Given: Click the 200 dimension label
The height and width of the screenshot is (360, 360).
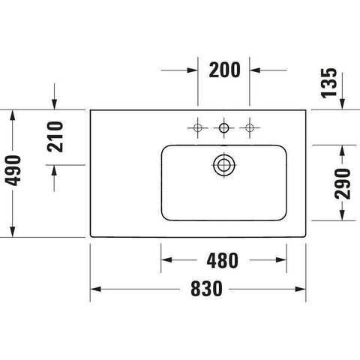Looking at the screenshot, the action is click(224, 70).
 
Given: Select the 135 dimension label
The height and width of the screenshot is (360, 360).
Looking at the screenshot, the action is click(329, 83).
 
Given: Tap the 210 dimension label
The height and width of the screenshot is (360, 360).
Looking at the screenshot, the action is click(55, 136).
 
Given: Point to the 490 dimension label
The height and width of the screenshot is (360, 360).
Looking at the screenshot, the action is click(13, 170).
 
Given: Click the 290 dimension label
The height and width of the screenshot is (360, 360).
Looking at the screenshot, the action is click(343, 184).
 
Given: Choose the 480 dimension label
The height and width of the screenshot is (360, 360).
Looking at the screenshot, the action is click(223, 260).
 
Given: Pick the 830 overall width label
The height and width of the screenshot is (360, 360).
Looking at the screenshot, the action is click(206, 289).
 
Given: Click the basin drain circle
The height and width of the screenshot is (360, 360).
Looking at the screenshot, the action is click(224, 165).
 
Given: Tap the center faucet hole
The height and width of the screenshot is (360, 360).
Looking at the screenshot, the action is click(223, 128).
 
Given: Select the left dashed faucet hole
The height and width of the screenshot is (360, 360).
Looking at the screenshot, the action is click(198, 128).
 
